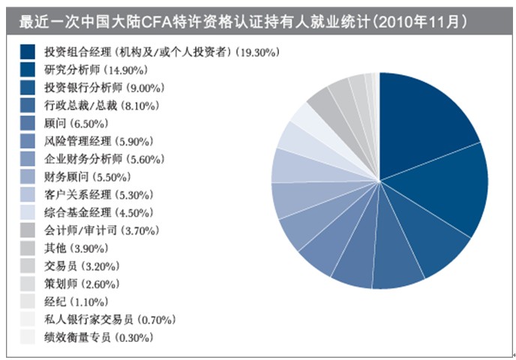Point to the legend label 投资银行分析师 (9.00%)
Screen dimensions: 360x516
coord(98,88)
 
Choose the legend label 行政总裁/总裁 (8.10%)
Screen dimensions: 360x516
coord(94,106)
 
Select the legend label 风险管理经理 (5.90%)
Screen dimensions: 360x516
coord(98,141)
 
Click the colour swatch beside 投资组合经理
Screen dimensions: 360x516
coord(28,52)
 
